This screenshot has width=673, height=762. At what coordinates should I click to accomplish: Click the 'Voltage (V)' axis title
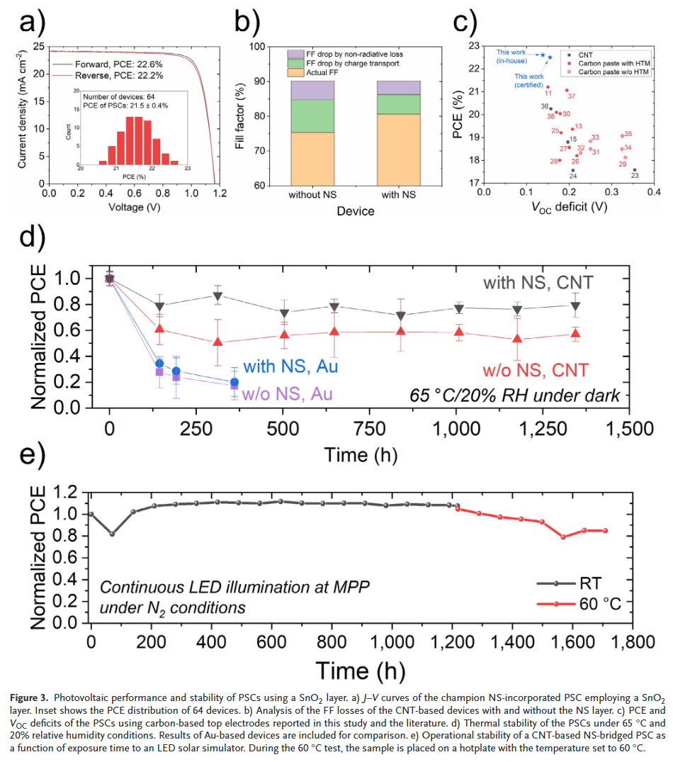pos(134,208)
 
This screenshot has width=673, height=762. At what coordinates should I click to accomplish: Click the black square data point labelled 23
pos(635,170)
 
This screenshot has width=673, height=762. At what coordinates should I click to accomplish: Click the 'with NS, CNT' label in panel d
pos(538,284)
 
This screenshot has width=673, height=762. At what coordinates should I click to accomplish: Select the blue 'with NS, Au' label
pos(290,366)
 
